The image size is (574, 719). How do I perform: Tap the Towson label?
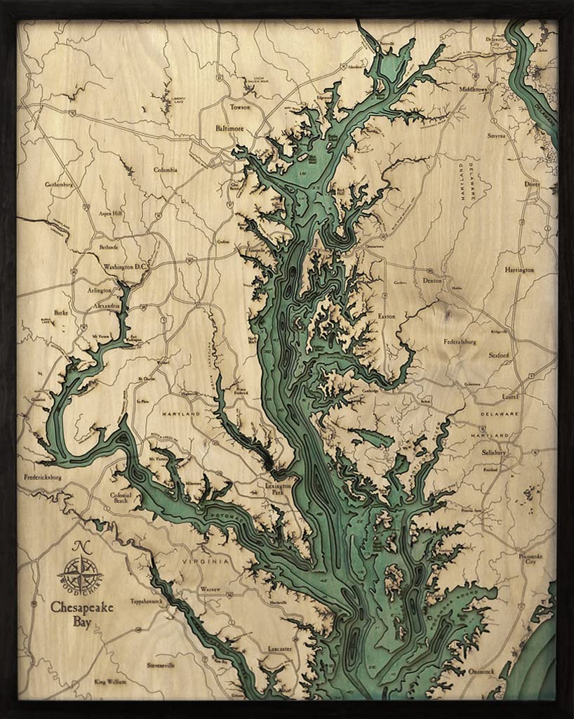240,107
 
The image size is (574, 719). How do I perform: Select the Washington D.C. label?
124,267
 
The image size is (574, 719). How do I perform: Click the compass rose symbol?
81,567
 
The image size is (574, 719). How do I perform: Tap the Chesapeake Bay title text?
81,612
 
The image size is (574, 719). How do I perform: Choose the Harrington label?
519,270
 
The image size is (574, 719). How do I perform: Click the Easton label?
387,317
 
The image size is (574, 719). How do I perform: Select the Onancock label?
481,672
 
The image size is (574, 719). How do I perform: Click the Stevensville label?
161,664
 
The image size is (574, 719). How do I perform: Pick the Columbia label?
166,170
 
